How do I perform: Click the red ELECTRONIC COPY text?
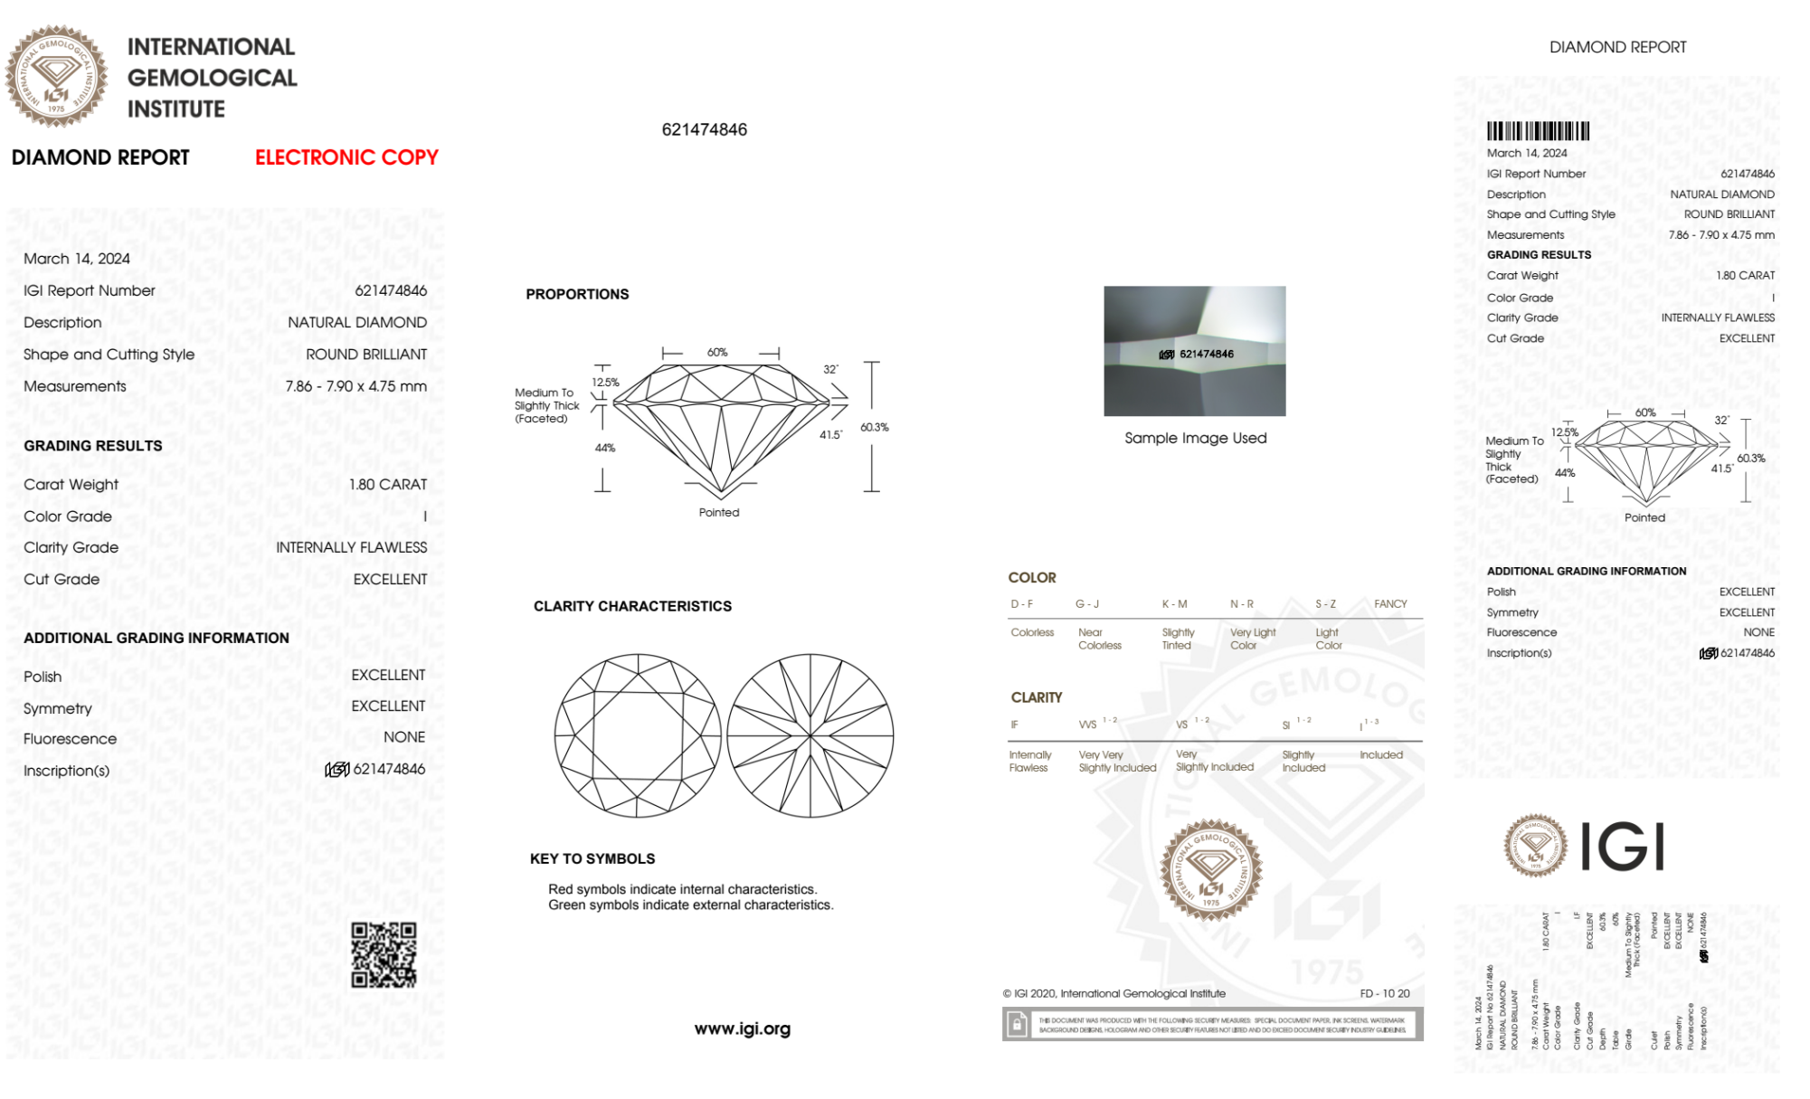[x=346, y=157]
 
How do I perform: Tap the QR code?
[x=384, y=955]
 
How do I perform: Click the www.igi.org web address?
[x=742, y=1028]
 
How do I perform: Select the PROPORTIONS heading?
[x=577, y=294]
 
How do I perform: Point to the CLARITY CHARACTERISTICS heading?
[x=632, y=606]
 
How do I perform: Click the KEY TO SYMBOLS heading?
[x=592, y=858]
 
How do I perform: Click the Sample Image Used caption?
[x=1195, y=438]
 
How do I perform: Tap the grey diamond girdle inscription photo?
[x=1194, y=351]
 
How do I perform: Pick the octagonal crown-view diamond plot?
[x=638, y=736]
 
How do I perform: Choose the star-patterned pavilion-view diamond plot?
[x=810, y=736]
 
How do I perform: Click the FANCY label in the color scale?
[x=1390, y=603]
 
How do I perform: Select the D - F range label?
[x=1022, y=603]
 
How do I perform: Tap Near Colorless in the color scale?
[x=1099, y=639]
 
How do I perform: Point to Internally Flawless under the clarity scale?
[x=1029, y=761]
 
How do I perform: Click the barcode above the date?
[x=1538, y=131]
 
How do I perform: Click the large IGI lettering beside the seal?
[x=1623, y=847]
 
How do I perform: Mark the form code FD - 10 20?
[x=1384, y=993]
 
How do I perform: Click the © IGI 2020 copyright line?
[x=1114, y=993]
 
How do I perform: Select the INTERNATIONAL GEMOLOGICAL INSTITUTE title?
[x=212, y=78]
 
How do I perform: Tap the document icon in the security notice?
[x=1017, y=1025]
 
